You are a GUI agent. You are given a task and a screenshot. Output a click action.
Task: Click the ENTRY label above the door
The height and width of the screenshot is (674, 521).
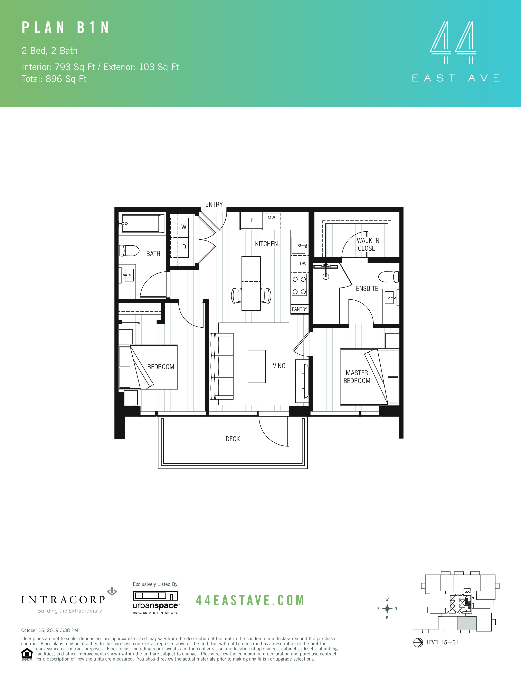(214, 204)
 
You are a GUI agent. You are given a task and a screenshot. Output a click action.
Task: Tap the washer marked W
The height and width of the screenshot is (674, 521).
(184, 227)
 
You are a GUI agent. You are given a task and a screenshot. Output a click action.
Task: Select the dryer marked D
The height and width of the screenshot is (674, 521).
(184, 247)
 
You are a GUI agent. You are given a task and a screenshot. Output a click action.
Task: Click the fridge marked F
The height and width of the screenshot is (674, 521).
(252, 220)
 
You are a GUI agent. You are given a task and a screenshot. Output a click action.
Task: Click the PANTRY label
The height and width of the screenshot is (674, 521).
(299, 309)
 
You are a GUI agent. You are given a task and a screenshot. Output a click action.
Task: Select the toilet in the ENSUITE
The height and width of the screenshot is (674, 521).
(388, 277)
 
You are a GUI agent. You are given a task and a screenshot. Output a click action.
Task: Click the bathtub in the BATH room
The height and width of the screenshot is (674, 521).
(143, 224)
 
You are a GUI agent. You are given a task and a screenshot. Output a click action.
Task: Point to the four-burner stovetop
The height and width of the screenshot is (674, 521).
(299, 285)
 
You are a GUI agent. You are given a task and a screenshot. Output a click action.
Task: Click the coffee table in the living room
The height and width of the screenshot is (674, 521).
(256, 366)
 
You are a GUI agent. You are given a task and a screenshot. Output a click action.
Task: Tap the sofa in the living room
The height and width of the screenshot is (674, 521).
(222, 366)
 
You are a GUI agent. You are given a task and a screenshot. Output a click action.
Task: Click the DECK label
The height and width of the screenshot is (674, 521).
(233, 439)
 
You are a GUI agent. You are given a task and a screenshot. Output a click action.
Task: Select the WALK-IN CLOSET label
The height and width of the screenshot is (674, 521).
(368, 244)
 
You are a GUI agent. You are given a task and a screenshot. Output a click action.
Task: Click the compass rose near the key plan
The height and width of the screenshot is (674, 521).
(387, 609)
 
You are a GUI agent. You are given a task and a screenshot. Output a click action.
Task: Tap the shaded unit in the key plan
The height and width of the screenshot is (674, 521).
(466, 623)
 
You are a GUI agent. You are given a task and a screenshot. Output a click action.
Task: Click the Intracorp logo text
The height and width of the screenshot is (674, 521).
(64, 600)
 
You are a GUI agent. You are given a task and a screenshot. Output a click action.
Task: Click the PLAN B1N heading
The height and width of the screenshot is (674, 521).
(65, 28)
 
